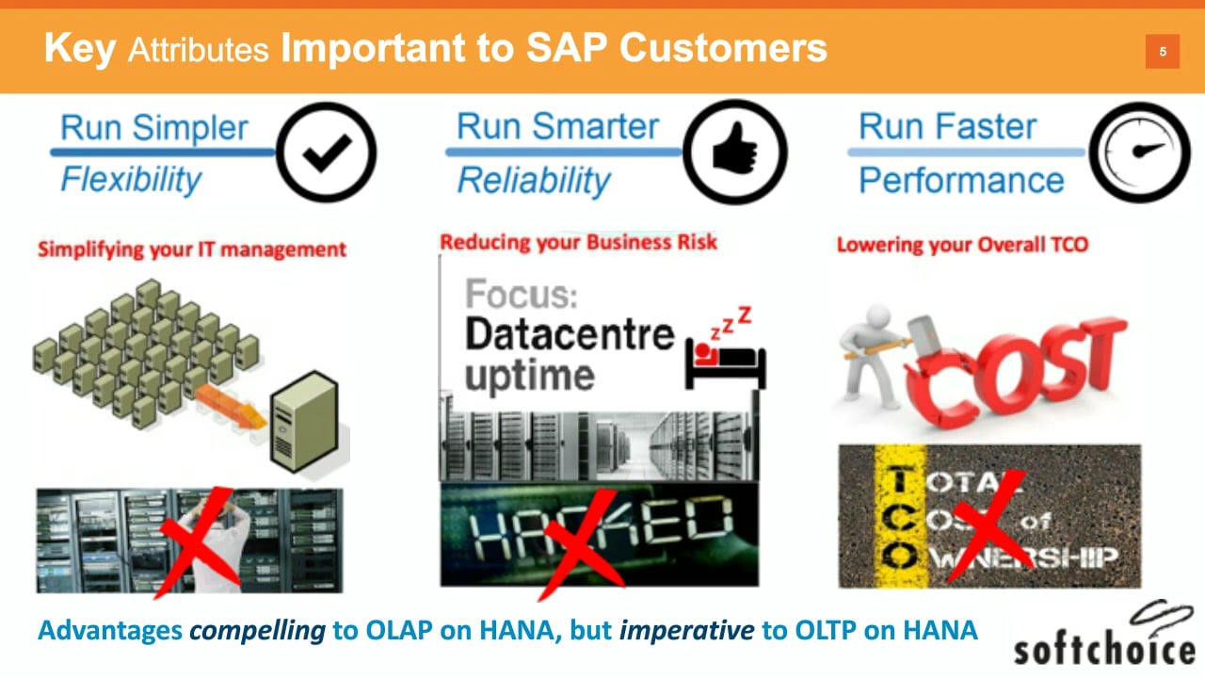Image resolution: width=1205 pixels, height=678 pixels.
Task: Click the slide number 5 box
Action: [x=1163, y=52]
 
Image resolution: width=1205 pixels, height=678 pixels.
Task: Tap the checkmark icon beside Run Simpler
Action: [x=326, y=153]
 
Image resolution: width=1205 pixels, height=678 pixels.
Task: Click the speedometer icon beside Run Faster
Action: [x=1140, y=153]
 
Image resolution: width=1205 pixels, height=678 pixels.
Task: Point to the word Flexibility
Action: [x=131, y=179]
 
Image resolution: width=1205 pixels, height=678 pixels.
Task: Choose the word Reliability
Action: [x=534, y=180]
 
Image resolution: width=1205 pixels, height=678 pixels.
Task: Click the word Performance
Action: [x=961, y=180]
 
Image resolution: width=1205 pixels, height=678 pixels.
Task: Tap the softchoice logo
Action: [x=1104, y=635]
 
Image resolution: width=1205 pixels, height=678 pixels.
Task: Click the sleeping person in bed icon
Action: [x=726, y=348]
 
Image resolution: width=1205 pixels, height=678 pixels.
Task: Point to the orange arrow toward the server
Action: [x=231, y=406]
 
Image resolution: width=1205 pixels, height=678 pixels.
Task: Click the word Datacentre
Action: [x=570, y=334]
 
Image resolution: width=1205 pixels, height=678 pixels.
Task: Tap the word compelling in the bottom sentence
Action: [x=257, y=631]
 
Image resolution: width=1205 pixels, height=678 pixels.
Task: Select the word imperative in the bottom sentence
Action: [x=686, y=631]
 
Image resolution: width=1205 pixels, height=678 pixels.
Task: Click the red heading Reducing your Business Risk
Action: [x=578, y=243]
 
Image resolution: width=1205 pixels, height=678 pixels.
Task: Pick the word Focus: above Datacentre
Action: [x=521, y=294]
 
